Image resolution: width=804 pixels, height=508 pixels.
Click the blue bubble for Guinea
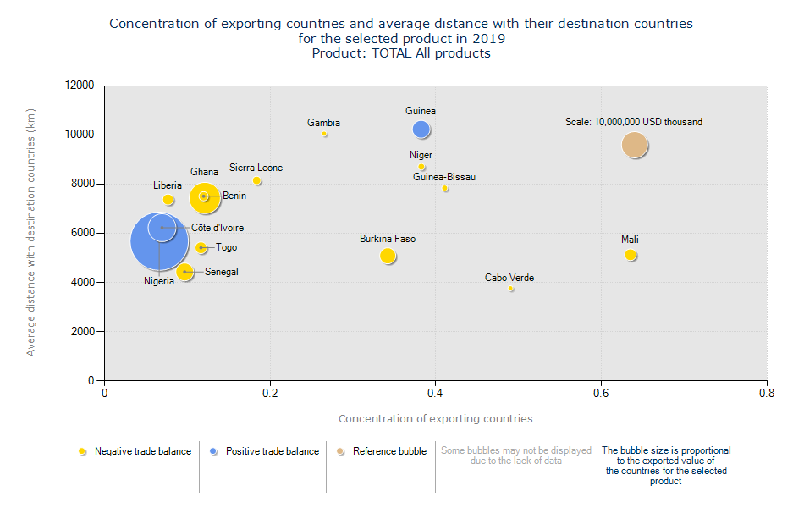pos(421,130)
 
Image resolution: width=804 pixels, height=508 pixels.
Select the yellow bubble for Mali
pos(631,255)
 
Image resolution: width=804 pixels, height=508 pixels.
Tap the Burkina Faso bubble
pos(388,256)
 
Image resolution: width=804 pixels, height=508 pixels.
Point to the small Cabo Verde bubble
pos(510,289)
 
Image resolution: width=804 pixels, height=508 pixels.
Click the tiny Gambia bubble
pos(324,134)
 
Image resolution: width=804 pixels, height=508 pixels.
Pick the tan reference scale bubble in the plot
pos(635,146)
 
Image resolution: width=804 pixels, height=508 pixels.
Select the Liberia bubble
pos(168,200)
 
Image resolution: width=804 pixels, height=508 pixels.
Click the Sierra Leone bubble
pos(256,180)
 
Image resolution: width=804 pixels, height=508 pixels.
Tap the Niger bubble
pos(421,168)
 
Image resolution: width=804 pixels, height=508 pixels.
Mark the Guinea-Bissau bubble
pos(445,189)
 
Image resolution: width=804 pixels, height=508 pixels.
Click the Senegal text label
pos(222,272)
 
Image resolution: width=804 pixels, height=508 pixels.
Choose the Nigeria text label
pos(159,281)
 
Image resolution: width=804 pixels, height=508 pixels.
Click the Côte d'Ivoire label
pos(218,228)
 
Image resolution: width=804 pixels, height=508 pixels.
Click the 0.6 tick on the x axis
pos(601,394)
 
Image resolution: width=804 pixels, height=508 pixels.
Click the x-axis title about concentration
pos(436,418)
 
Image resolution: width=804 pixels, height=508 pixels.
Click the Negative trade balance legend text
pos(143,451)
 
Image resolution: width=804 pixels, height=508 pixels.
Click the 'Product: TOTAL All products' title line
pos(401,53)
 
